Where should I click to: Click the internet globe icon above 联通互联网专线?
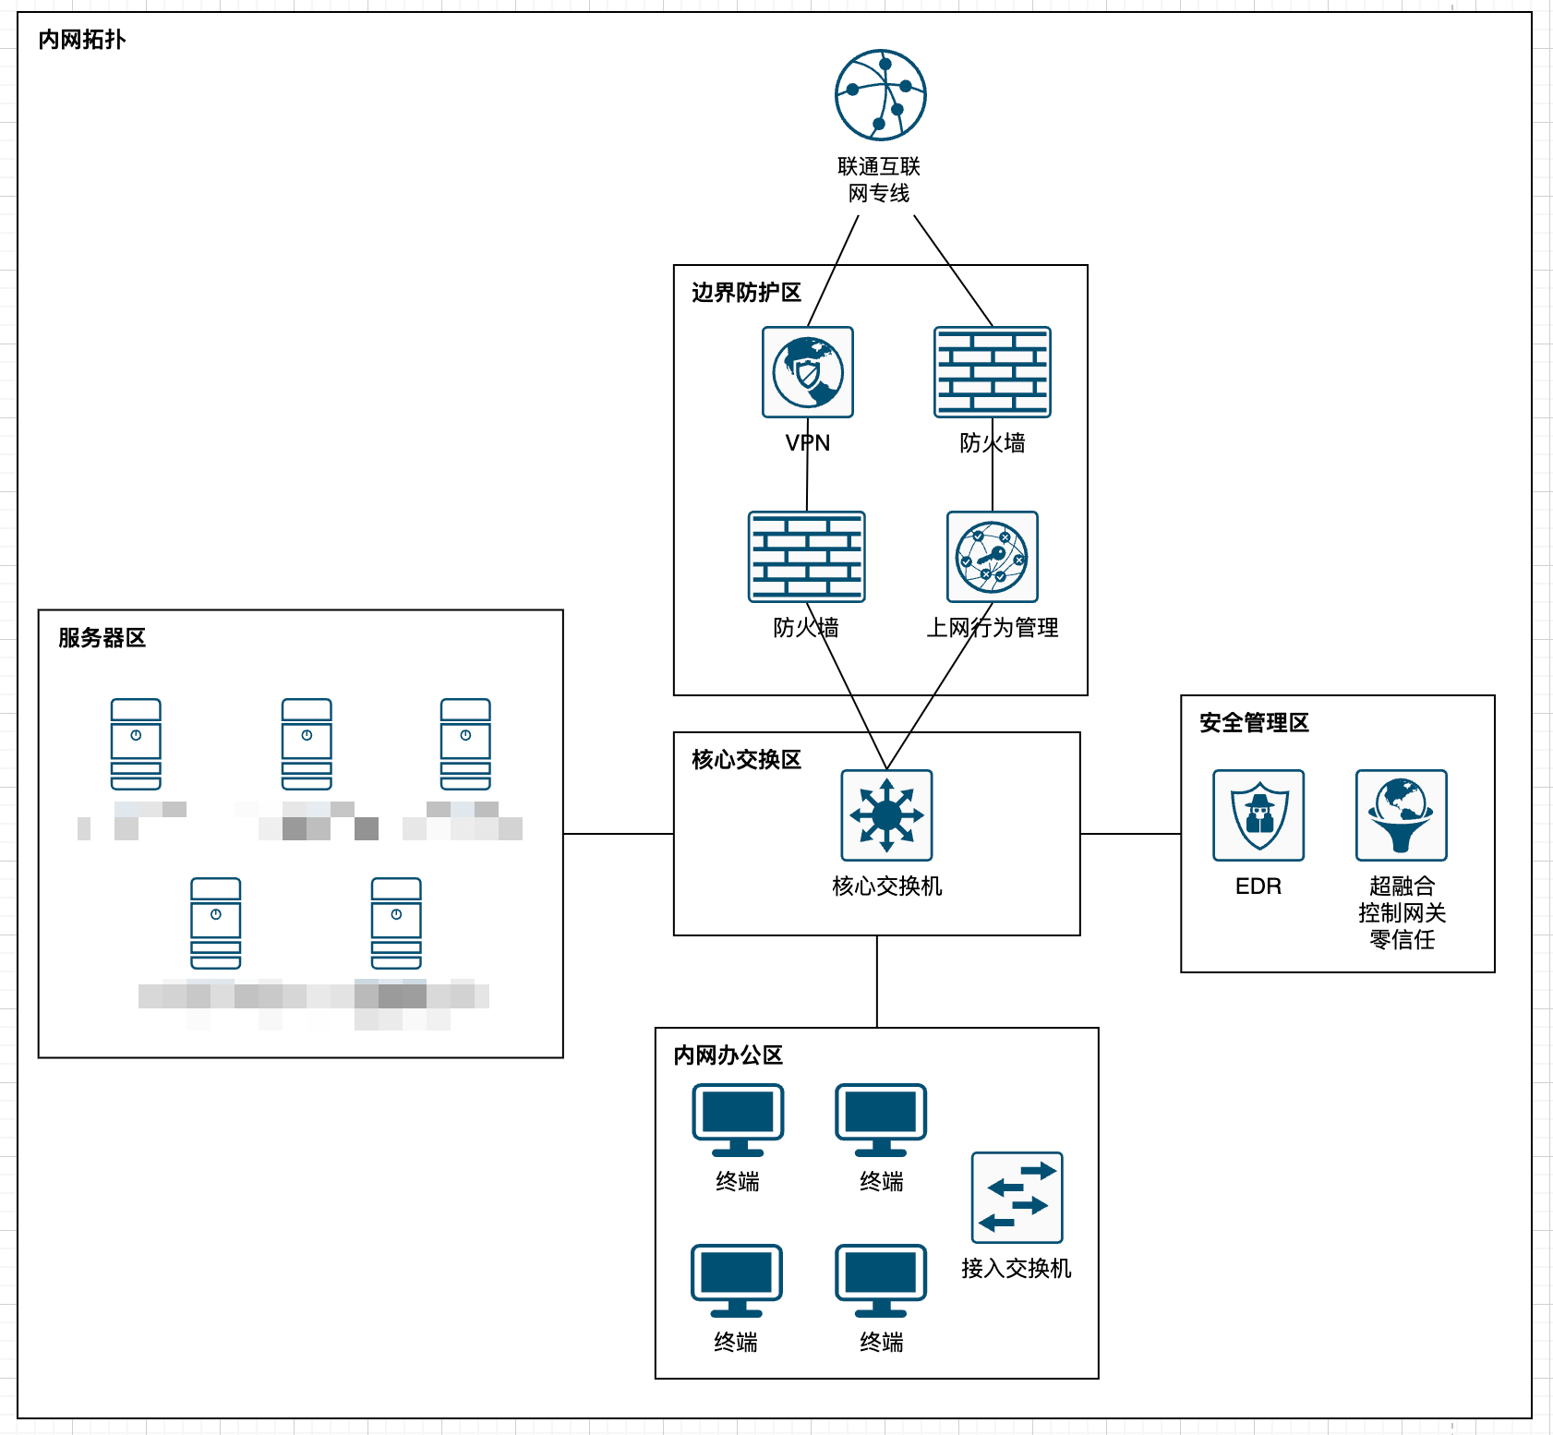pos(880,95)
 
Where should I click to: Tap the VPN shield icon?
pos(808,372)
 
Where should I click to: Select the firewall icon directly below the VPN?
pos(806,557)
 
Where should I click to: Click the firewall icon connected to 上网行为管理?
pos(993,372)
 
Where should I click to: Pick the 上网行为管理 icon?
pos(993,557)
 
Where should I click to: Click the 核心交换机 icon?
pos(886,815)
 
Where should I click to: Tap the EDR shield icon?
pos(1258,815)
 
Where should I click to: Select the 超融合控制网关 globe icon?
pos(1401,815)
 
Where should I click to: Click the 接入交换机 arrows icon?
pos(1017,1198)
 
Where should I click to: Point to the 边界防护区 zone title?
pos(746,293)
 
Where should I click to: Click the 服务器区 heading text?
pos(102,638)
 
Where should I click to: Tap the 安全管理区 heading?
pos(1254,723)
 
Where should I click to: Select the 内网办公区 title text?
pos(728,1055)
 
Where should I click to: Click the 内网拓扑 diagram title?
pos(81,40)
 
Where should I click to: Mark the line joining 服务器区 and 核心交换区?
pos(619,834)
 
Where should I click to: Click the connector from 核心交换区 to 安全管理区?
pos(1130,834)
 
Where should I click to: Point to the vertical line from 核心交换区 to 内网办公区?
pos(877,982)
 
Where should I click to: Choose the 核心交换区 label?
pos(746,760)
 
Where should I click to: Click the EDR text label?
pos(1258,886)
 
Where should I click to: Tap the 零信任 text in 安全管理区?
pos(1402,940)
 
